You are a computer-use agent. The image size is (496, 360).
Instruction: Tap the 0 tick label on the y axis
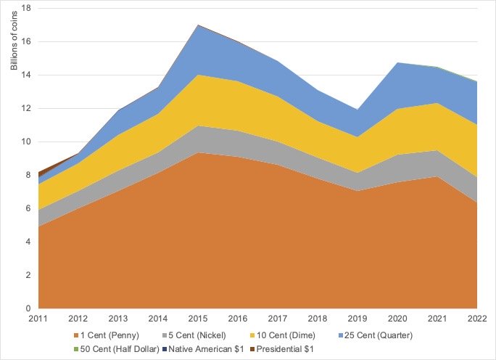tap(27, 308)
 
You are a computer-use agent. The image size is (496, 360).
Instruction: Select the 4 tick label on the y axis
tap(27, 242)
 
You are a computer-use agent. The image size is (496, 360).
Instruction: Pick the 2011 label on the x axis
tap(38, 319)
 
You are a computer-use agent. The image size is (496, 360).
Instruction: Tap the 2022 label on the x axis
tap(476, 319)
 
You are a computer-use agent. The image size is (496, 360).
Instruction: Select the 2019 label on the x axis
tap(357, 319)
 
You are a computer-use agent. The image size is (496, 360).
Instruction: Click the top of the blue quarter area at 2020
tap(397, 63)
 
